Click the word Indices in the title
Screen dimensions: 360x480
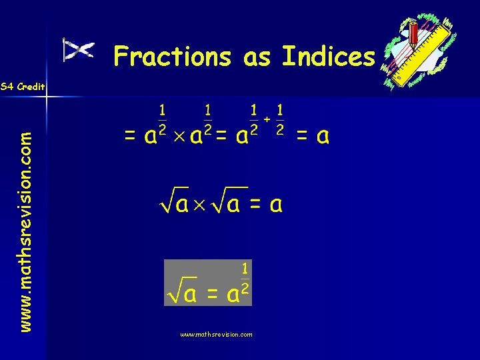(x=328, y=57)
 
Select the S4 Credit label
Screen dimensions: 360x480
(x=23, y=87)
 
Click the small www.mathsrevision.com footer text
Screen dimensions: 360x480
(x=216, y=335)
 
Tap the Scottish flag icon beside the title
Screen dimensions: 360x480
(x=78, y=50)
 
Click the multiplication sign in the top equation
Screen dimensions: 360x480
(x=178, y=139)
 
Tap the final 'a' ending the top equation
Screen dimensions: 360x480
(x=323, y=137)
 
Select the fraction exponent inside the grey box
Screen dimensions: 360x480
(x=245, y=278)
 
